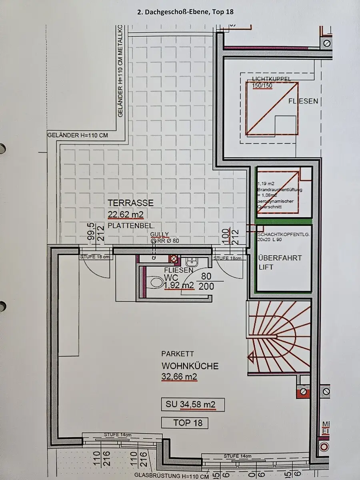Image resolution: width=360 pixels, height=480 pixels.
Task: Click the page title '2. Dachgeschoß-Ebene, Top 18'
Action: click(185, 12)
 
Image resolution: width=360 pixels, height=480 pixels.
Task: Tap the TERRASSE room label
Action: click(130, 203)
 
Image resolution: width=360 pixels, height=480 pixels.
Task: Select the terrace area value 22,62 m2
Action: click(126, 215)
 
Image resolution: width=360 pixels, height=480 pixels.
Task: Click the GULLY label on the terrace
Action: click(159, 234)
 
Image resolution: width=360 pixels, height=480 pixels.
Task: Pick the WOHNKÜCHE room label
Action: click(190, 366)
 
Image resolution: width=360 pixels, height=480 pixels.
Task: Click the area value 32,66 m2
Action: click(179, 377)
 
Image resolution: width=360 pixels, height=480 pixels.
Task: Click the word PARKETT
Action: click(178, 354)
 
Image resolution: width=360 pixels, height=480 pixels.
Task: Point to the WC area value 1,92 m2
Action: click(178, 285)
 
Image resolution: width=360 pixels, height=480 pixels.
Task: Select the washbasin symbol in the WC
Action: click(191, 262)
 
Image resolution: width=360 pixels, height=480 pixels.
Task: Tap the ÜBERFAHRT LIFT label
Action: click(280, 262)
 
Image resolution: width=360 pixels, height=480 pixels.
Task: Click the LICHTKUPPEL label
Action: click(272, 79)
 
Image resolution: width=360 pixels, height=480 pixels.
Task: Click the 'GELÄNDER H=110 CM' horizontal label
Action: click(78, 135)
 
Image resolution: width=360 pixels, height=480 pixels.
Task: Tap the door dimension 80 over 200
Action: click(206, 281)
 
